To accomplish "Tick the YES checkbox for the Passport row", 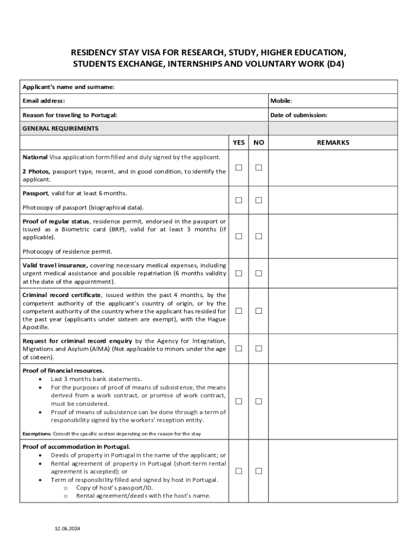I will click(239, 201).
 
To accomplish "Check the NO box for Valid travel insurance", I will click(259, 274).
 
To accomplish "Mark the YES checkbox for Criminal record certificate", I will click(239, 311).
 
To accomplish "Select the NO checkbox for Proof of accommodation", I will click(259, 471).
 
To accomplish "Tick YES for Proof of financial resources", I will click(239, 401).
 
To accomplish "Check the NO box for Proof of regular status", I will click(259, 236).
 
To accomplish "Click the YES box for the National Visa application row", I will click(239, 167).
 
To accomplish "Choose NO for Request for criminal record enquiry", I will click(259, 349).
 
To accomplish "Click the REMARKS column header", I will click(333, 143).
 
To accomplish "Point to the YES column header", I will click(239, 143).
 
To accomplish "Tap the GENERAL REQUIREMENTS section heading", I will click(61, 128).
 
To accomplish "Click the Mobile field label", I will click(281, 101).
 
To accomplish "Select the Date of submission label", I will click(298, 115).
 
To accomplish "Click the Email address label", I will click(44, 101).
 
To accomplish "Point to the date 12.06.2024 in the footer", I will click(67, 528).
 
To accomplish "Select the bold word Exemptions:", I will click(37, 434).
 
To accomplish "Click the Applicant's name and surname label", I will click(68, 87).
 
